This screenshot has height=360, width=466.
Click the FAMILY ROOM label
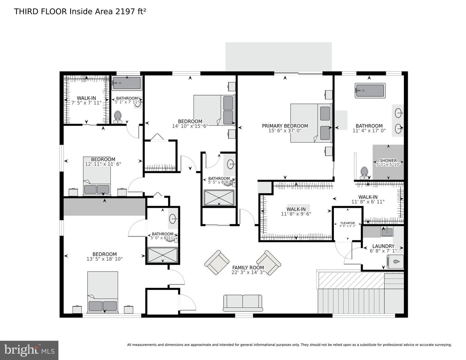248,267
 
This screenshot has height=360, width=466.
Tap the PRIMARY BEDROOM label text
285,126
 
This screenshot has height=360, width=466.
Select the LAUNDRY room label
383,246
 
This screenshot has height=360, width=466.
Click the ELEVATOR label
348,223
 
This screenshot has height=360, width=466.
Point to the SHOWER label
388,161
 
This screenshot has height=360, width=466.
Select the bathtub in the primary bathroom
370,90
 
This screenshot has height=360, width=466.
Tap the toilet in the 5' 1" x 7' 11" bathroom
117,117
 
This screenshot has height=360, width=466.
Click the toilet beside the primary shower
364,173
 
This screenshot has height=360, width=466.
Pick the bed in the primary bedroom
311,123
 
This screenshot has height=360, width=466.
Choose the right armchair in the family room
269,262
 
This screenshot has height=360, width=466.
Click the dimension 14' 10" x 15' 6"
190,126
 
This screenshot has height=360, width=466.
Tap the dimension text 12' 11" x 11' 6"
103,164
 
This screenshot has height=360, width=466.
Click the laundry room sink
387,231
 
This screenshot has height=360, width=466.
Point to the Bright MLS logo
29,350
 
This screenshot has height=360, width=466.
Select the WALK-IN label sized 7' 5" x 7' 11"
86,98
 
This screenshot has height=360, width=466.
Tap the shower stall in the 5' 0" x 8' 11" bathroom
162,255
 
